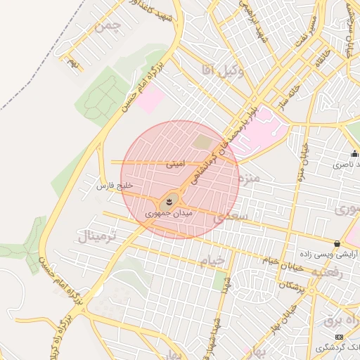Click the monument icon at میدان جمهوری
pos(169,203)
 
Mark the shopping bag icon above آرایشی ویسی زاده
pos(337,243)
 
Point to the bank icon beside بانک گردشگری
pos(340,337)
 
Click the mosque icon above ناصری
pos(354,154)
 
